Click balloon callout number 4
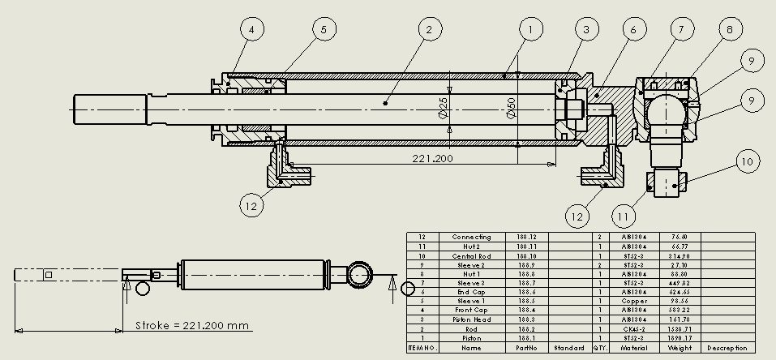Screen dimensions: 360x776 [252, 30]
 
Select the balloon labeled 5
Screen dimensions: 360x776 [323, 30]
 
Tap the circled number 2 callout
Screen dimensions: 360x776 [430, 30]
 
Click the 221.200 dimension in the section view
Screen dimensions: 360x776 [433, 158]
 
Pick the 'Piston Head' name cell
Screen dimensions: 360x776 [471, 319]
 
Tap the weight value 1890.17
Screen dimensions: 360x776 [678, 338]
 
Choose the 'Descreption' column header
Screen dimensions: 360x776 [727, 348]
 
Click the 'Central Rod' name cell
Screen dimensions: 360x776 [471, 255]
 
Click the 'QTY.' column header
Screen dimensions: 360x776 [599, 348]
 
